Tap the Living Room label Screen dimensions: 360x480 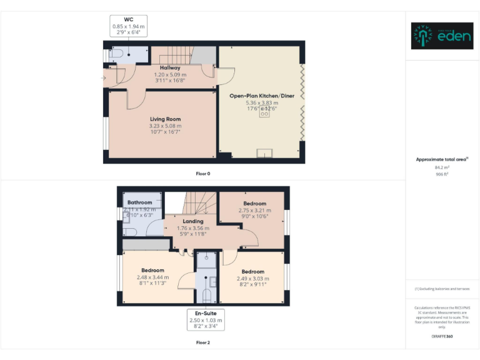tap(165, 119)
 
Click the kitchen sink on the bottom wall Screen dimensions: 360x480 tap(265, 152)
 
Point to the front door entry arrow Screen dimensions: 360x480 tap(103, 78)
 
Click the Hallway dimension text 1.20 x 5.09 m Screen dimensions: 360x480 tap(170, 74)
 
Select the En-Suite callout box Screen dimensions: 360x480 tap(206, 319)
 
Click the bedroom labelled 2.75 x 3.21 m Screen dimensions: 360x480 tap(254, 211)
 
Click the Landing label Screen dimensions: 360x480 tap(192, 221)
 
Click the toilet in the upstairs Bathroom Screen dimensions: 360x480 tap(127, 216)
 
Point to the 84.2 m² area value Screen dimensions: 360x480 tap(442, 167)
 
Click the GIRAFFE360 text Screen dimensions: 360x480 tap(442, 337)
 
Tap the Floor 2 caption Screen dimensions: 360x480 tap(202, 342)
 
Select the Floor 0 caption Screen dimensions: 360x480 tap(202, 173)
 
